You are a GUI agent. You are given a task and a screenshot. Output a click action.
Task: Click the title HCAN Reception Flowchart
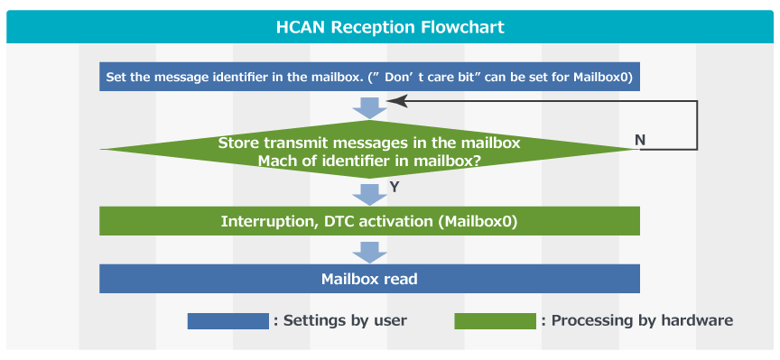(390, 27)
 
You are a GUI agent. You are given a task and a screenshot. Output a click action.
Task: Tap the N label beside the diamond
(640, 141)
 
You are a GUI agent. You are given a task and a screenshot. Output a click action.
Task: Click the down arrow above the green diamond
(369, 108)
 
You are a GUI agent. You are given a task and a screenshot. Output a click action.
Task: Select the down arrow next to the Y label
(369, 195)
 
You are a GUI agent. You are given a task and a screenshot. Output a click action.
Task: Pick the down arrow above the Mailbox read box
(369, 253)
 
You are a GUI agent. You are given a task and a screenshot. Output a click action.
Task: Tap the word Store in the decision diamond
(238, 143)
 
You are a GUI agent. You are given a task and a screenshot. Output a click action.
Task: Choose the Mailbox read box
(369, 279)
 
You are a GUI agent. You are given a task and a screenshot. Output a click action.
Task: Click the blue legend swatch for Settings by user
(228, 321)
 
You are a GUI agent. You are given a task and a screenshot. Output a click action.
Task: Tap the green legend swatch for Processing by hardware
(495, 321)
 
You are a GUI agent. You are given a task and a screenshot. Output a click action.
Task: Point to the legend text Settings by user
(345, 320)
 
